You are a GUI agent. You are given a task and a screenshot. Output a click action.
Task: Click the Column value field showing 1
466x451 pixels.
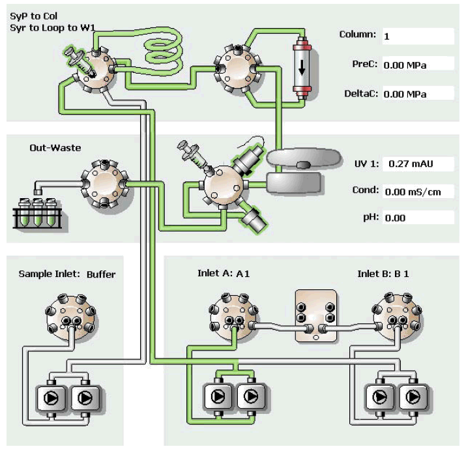click(x=417, y=36)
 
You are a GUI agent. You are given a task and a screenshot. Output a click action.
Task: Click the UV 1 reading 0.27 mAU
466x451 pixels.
click(x=417, y=164)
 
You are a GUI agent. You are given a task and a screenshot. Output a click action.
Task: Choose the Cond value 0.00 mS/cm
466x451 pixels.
click(x=417, y=192)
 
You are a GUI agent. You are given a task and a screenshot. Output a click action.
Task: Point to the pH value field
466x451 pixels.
click(x=417, y=218)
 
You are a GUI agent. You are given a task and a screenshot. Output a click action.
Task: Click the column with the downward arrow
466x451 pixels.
click(x=301, y=68)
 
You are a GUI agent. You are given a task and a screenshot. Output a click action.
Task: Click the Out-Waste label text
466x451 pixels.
click(x=55, y=148)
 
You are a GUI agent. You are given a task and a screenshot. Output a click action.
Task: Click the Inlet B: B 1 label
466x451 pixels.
click(x=383, y=274)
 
